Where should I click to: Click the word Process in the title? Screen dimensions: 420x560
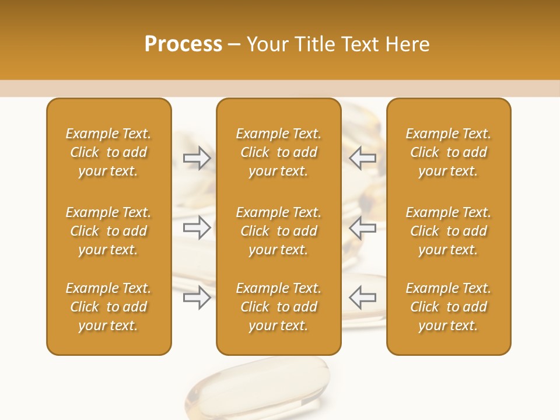click(183, 44)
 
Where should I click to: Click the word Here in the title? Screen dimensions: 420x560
click(408, 44)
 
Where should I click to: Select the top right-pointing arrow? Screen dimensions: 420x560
click(197, 158)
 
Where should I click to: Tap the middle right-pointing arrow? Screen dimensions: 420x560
click(197, 228)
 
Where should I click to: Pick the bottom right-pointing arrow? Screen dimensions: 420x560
click(197, 297)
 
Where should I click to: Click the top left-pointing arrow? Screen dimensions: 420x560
click(362, 158)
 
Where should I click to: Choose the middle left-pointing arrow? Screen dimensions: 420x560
click(362, 228)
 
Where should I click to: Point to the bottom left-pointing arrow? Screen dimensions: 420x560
click(362, 297)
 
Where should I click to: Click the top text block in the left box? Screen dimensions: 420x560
click(108, 152)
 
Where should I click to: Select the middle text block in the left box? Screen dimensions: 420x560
click(108, 231)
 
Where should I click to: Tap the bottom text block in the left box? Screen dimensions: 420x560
click(108, 307)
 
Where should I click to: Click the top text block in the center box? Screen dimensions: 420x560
click(278, 152)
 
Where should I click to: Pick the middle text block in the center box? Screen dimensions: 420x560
click(278, 231)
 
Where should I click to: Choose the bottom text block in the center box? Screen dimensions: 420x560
click(278, 307)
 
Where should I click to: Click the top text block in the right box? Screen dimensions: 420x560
click(448, 152)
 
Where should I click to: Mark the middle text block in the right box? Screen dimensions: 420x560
click(448, 231)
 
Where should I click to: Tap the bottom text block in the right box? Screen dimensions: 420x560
click(448, 307)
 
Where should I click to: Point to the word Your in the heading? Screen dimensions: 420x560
click(266, 44)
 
